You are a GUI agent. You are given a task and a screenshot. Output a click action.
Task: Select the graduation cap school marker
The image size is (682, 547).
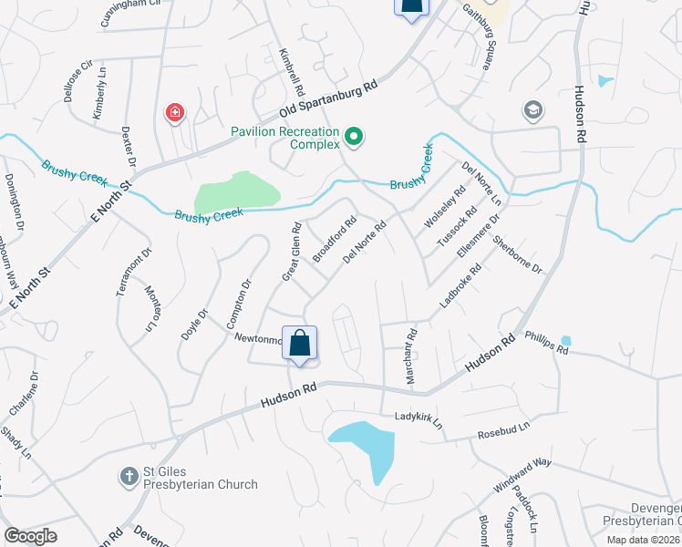point(532,111)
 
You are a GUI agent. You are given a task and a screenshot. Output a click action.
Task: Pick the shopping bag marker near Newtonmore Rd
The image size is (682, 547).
point(299,345)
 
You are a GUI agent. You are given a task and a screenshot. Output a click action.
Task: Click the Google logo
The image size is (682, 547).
point(30,535)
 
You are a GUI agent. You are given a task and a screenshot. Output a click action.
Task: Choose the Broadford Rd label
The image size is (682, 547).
point(334,239)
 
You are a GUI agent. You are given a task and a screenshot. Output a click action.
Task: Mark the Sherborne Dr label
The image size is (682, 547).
point(517,254)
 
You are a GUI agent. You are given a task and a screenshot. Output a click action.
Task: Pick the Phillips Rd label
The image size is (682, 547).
point(545,345)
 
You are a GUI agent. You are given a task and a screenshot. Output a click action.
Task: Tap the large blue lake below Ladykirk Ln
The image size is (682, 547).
point(365,447)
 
